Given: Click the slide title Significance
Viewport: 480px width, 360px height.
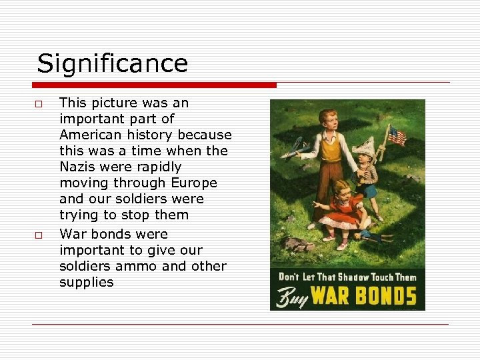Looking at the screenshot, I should (112, 64).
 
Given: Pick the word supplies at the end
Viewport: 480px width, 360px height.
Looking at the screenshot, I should (86, 282).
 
